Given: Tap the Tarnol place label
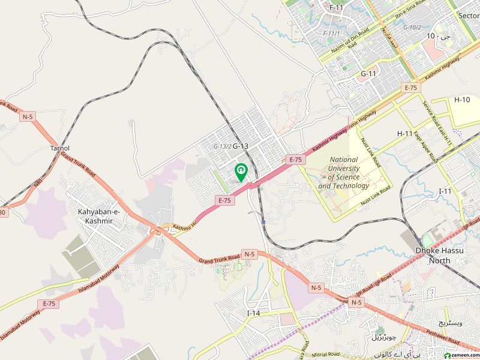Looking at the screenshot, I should tap(60, 148).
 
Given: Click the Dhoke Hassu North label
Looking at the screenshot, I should tap(441, 256).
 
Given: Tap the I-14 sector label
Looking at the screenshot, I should tap(254, 313).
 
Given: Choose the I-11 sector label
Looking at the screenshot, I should tap(445, 191).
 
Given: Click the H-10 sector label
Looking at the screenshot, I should tap(462, 100).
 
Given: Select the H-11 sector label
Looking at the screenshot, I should tap(405, 133).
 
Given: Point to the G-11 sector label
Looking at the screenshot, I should tap(368, 74).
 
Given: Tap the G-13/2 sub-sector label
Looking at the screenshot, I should tap(222, 146).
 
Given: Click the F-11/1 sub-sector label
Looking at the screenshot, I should tap(331, 33).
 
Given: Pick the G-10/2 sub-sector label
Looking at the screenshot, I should tap(412, 28).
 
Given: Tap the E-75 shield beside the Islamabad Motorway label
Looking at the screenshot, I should tap(49, 304).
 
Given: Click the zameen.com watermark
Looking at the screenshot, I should tap(457, 354).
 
